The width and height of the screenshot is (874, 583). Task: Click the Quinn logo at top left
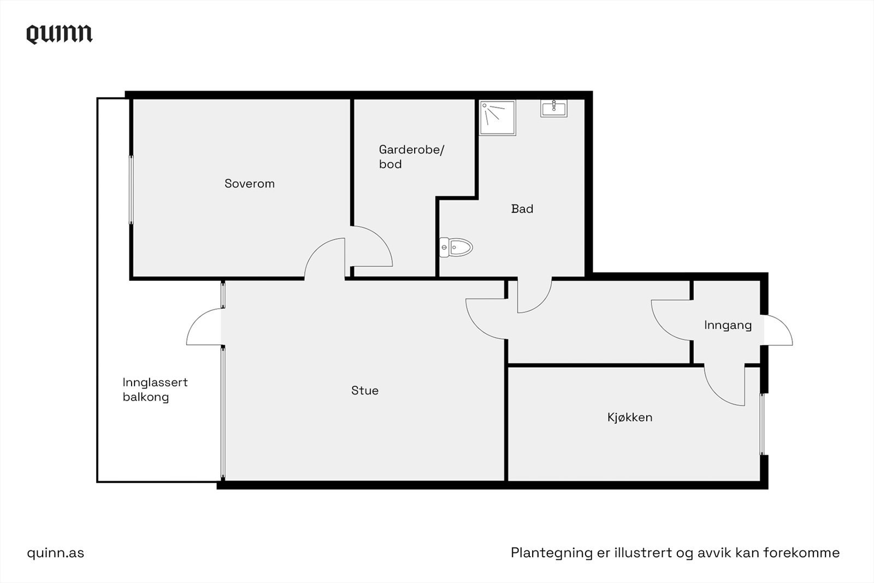click(x=60, y=34)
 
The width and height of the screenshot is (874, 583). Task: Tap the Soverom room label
click(x=250, y=184)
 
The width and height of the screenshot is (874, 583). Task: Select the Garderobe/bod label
click(x=411, y=157)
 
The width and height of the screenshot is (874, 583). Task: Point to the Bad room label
click(x=522, y=209)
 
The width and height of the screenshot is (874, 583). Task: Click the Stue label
click(x=365, y=391)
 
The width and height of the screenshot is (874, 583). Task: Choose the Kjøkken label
click(x=630, y=417)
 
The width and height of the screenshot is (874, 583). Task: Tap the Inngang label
click(x=728, y=325)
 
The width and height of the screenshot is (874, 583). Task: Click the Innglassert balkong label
click(x=155, y=390)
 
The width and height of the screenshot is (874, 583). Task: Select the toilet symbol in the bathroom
click(x=456, y=248)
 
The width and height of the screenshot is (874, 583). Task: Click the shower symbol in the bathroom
click(x=497, y=117)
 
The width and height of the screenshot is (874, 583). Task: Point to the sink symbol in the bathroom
click(x=554, y=108)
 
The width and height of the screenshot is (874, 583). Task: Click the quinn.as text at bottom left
click(x=56, y=553)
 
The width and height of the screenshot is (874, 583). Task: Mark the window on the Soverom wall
click(x=131, y=190)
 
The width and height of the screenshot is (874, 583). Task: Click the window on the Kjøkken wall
click(x=763, y=424)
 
